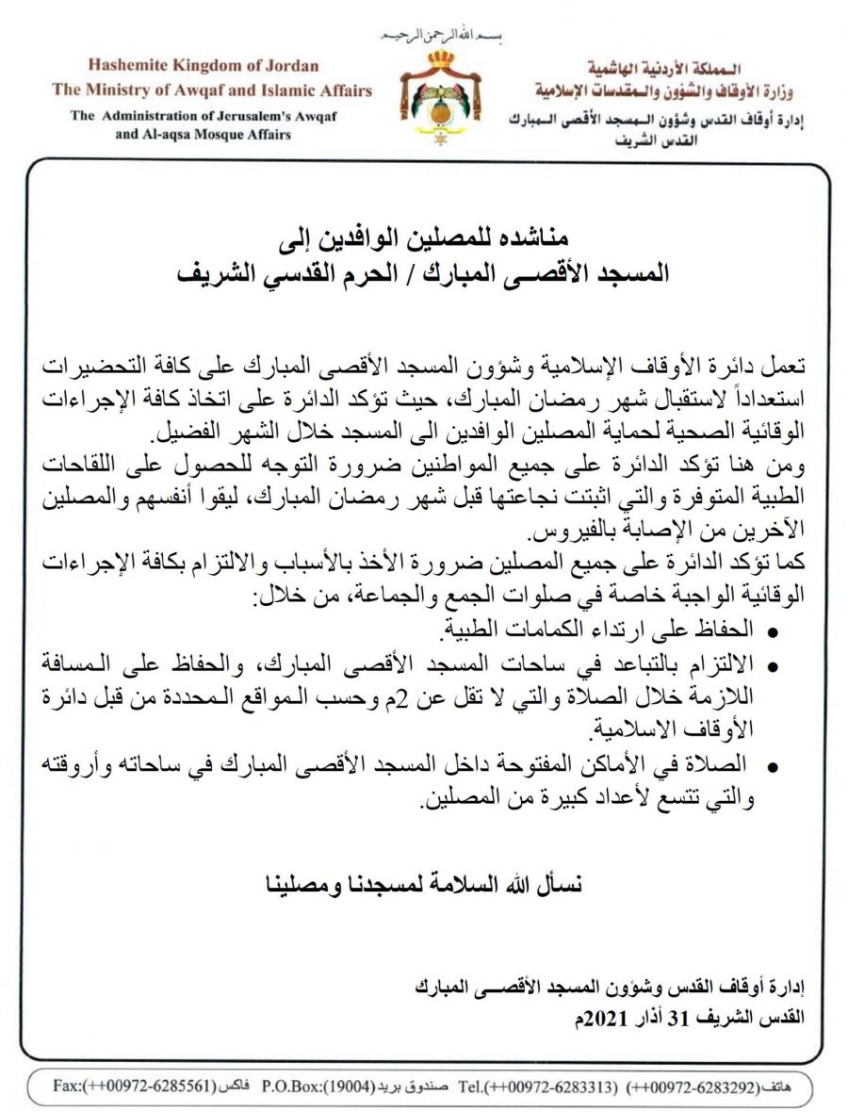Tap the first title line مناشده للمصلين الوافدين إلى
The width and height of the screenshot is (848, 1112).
(x=425, y=237)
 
